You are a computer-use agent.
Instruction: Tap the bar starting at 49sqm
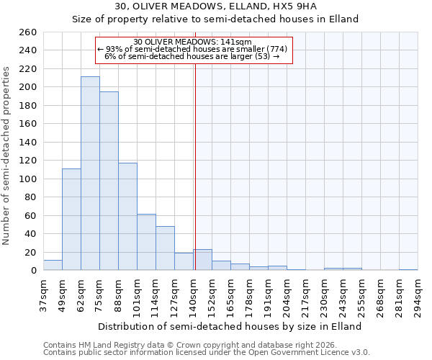click(x=71, y=220)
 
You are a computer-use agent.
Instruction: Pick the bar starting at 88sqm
click(x=127, y=217)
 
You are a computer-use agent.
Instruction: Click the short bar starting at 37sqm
click(x=53, y=266)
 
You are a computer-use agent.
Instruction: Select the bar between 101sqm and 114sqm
click(x=146, y=242)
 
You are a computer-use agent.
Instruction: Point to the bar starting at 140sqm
click(x=203, y=260)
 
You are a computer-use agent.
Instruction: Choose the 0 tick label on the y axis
click(x=33, y=271)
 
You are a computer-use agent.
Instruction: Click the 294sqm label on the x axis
click(x=418, y=295)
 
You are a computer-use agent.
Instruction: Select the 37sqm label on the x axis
click(x=43, y=295)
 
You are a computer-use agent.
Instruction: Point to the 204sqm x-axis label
click(x=287, y=295)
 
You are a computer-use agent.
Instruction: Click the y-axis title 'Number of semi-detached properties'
click(x=7, y=156)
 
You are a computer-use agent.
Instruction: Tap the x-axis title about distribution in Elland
click(x=229, y=326)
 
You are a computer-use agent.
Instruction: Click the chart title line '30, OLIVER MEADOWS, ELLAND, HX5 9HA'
click(x=215, y=6)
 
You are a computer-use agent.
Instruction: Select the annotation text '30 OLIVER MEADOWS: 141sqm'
click(x=192, y=42)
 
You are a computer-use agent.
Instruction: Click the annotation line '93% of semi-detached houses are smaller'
click(x=192, y=49)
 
